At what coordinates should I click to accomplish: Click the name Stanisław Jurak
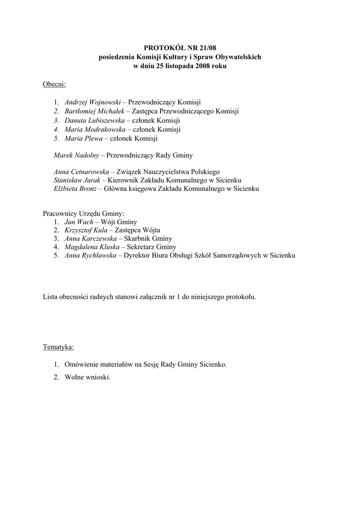coord(77,180)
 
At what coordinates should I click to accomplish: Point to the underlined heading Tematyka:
coord(59,346)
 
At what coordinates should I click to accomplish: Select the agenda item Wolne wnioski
coord(88,377)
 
